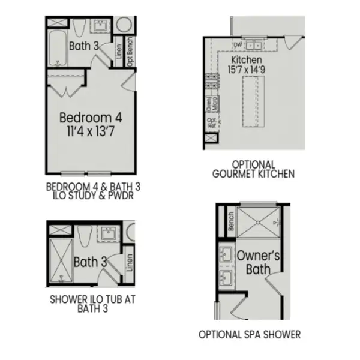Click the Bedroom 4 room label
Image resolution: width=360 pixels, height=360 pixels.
point(90,116)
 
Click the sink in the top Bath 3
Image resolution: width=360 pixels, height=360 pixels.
point(99,27)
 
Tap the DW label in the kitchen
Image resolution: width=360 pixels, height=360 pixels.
point(238,44)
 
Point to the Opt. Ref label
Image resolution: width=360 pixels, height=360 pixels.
point(211,124)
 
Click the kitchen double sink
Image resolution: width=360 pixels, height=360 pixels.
point(256,44)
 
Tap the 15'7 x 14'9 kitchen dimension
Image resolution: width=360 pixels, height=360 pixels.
point(247,71)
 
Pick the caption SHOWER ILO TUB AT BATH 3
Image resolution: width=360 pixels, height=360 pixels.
point(89,305)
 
